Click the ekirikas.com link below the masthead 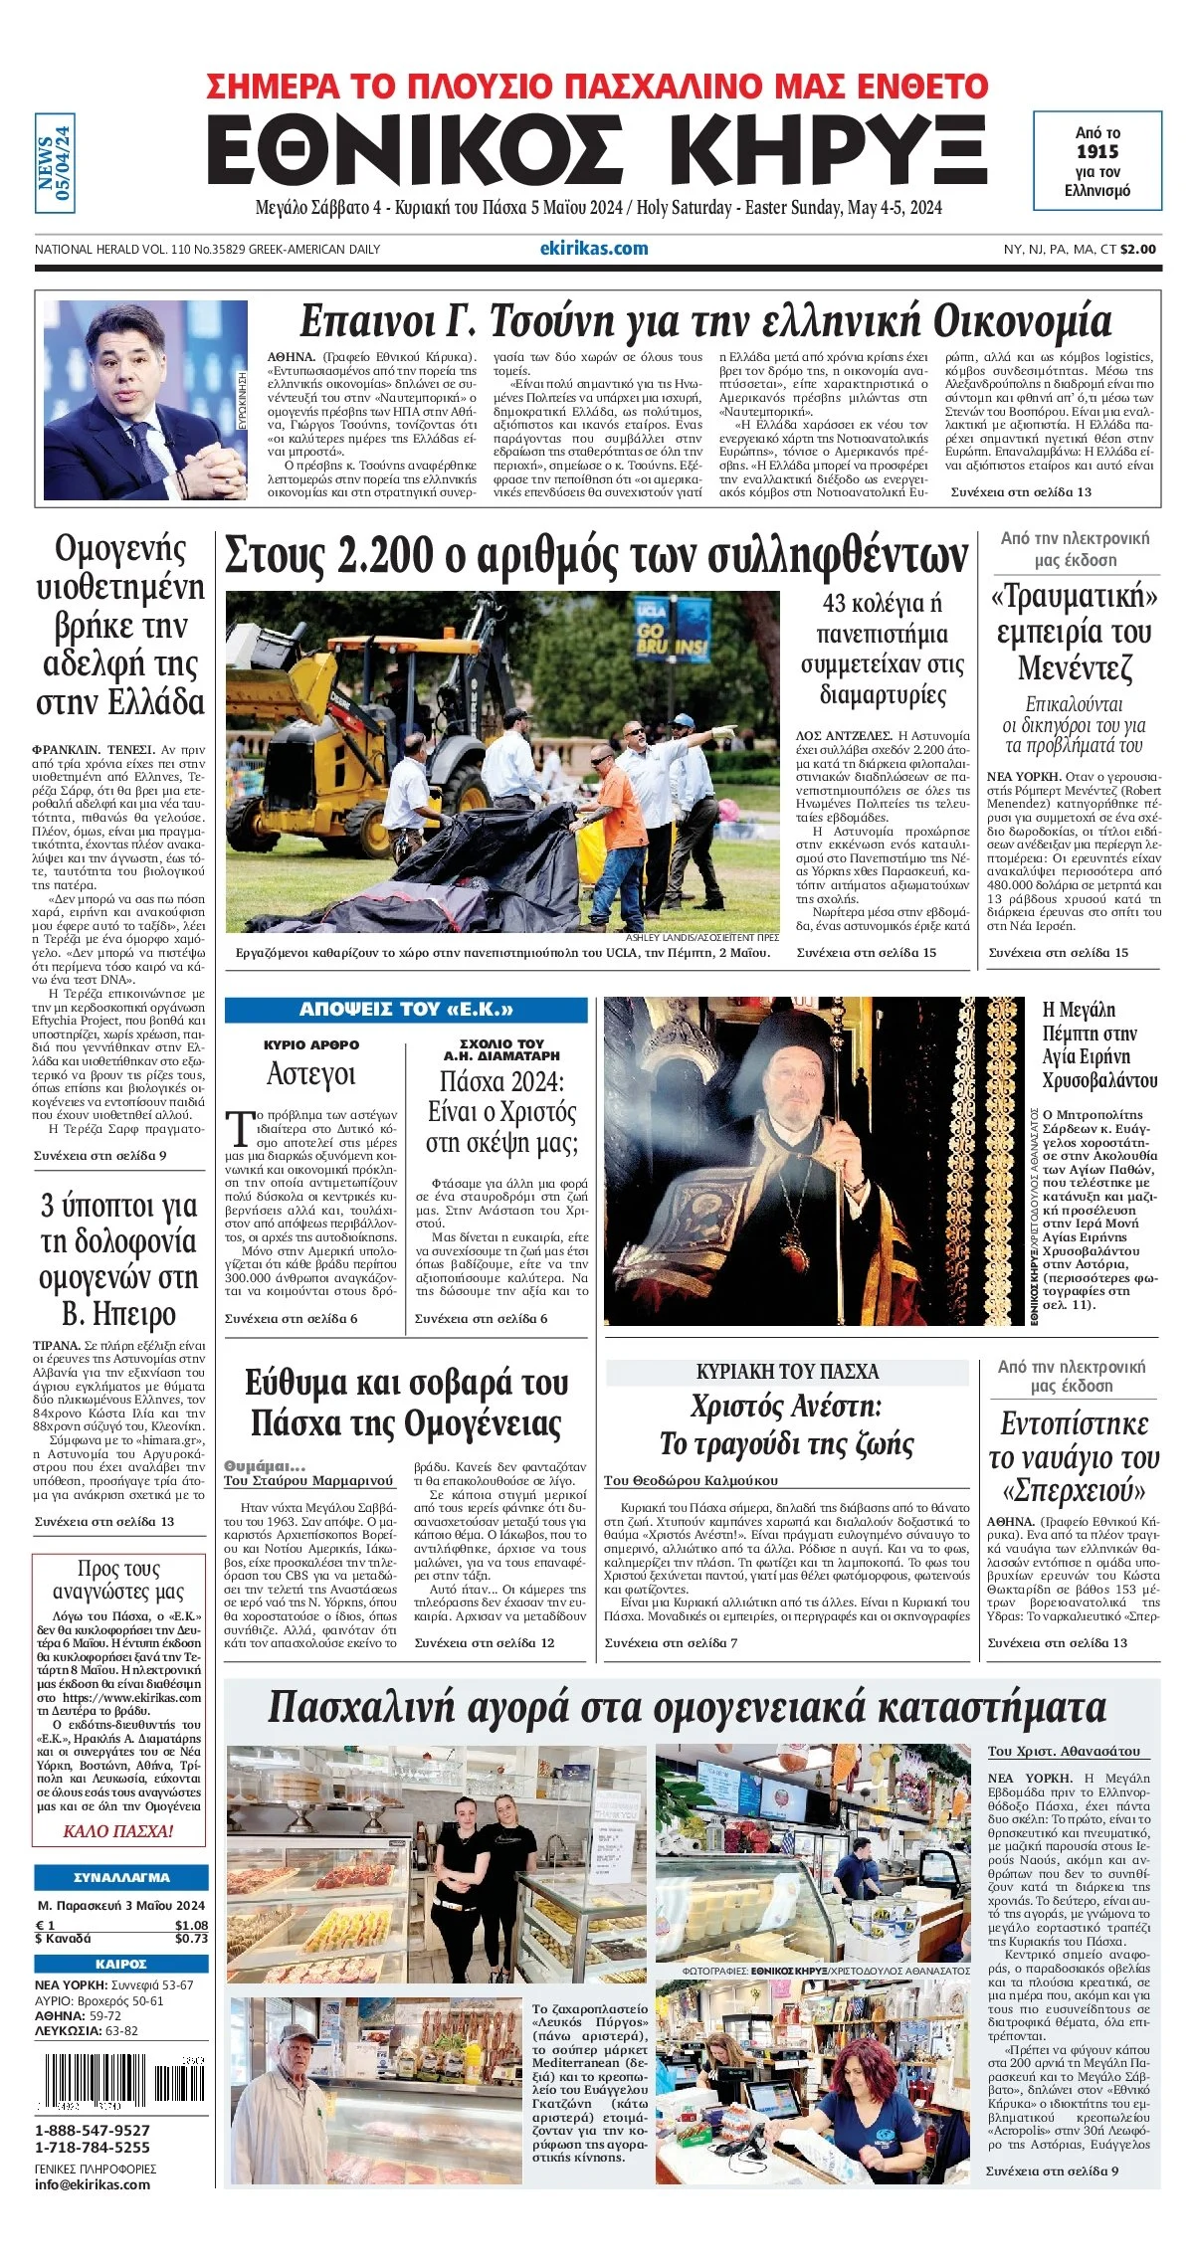(593, 249)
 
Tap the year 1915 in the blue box (1096, 151)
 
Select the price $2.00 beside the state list (1138, 250)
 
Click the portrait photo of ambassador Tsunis (144, 399)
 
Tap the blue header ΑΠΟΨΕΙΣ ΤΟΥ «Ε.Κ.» (406, 1010)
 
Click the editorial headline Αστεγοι (310, 1074)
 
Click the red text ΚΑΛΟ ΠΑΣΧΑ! (118, 1831)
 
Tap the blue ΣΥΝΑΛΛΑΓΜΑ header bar (121, 1878)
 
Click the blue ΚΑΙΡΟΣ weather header (121, 1964)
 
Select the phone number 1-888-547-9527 (93, 2130)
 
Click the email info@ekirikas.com (93, 2184)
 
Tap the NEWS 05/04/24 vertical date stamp (55, 163)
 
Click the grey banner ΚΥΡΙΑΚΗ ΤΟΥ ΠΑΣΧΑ (787, 1372)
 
